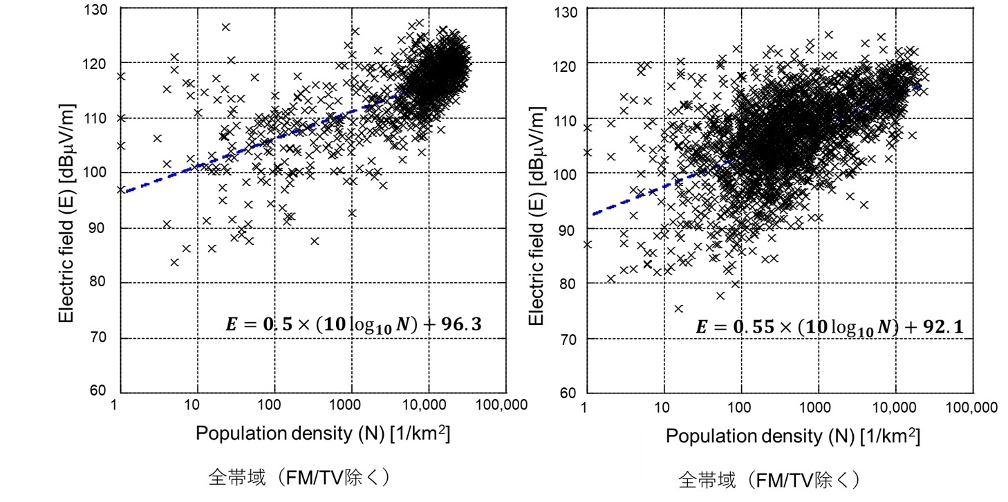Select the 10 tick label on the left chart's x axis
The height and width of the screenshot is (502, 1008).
195,405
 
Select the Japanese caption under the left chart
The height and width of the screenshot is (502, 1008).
301,478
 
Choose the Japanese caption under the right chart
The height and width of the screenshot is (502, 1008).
769,479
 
